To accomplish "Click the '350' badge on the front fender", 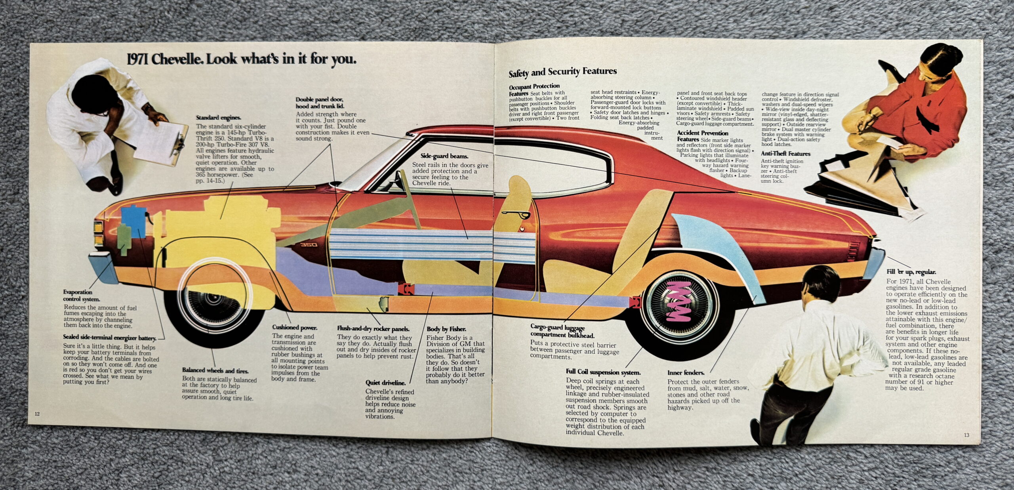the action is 309,245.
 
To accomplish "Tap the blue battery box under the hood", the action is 134,221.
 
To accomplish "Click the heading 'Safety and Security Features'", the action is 562,72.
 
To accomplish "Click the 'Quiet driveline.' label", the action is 385,383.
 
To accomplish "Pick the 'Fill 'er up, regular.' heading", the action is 911,272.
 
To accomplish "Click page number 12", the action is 37,414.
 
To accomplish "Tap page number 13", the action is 967,435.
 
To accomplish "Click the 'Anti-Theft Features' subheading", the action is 785,154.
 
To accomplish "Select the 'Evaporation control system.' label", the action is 82,296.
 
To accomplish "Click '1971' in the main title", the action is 137,60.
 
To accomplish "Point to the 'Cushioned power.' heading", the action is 295,328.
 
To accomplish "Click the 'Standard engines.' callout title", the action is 219,118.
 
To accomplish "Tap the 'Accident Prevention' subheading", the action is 703,133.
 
